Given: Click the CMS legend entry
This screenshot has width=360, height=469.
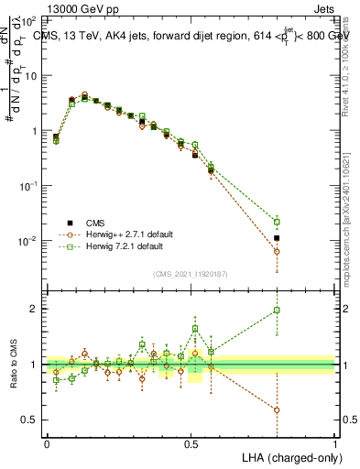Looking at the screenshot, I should point(94,223).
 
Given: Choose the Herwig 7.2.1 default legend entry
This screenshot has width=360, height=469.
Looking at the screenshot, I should point(112,246).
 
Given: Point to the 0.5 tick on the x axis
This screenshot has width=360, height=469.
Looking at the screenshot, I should point(191,442).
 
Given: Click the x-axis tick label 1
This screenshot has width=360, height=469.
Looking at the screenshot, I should point(335,442).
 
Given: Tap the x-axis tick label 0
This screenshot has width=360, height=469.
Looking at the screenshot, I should point(47,442).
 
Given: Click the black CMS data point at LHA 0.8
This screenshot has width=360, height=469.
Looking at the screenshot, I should point(277,238).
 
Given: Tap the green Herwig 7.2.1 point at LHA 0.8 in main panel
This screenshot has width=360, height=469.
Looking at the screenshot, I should point(277,222).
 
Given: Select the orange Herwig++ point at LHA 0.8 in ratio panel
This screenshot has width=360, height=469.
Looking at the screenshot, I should point(277,409).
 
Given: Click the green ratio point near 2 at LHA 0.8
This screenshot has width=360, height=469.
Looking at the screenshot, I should point(277,311).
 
